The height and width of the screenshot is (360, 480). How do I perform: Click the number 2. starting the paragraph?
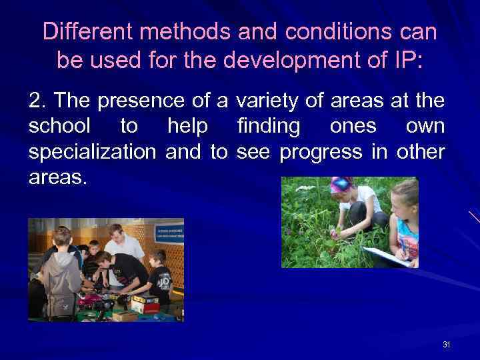click(37, 101)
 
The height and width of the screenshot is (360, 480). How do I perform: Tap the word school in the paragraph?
click(58, 126)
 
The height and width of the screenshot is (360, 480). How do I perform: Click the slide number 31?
click(446, 345)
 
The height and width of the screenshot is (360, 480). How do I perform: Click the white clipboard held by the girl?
click(387, 256)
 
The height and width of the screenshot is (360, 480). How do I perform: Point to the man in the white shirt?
click(127, 243)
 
